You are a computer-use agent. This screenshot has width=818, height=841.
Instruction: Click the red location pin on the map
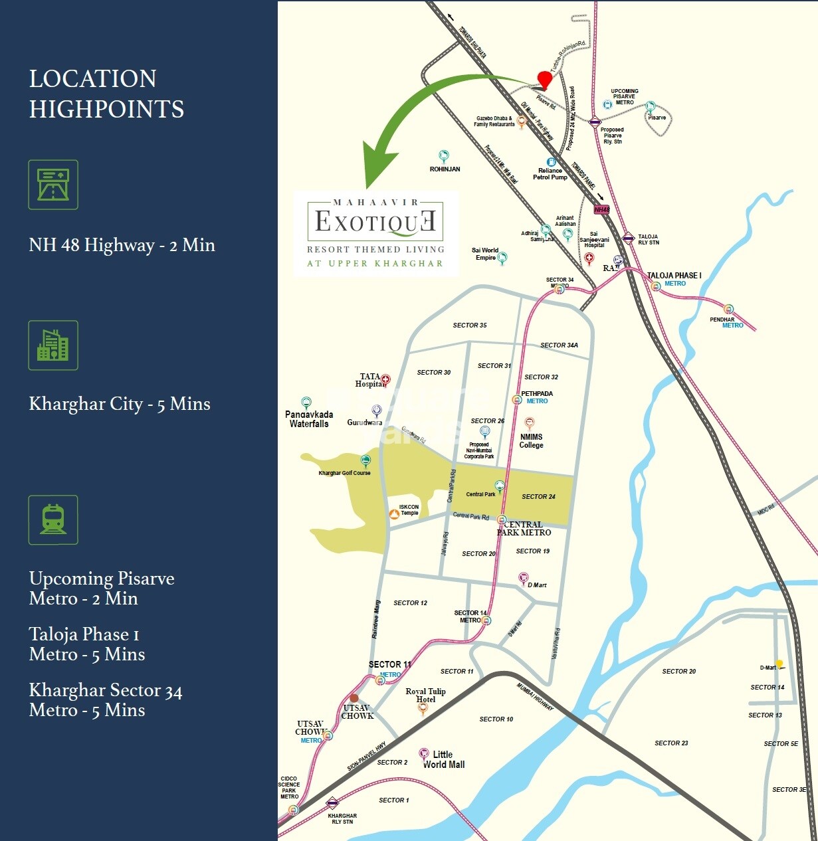pos(544,79)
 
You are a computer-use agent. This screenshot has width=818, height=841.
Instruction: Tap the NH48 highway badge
pos(601,209)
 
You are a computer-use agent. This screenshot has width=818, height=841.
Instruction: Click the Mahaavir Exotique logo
pos(376,233)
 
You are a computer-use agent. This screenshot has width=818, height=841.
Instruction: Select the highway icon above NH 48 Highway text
pos(53,185)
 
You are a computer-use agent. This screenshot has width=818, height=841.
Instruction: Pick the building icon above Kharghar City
pos(53,345)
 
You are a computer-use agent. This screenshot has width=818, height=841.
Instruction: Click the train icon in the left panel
pos(53,519)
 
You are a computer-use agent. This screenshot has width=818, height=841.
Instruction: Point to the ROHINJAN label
pos(445,169)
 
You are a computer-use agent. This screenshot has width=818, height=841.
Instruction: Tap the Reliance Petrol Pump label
pos(550,174)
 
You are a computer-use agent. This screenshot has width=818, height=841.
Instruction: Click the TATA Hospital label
pos(370,380)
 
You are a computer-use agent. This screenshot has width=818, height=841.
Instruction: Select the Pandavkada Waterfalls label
pos(309,419)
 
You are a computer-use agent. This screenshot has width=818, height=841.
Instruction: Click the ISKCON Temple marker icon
pos(394,513)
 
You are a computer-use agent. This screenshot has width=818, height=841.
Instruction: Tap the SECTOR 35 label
pos(470,326)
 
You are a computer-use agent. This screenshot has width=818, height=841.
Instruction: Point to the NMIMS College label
pos(531,441)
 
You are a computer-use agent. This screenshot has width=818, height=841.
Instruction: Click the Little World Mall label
pos(444,759)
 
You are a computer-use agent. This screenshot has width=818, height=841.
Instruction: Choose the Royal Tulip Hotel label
pos(426,696)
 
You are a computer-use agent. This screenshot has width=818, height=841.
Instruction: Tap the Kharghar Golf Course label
pos(344,473)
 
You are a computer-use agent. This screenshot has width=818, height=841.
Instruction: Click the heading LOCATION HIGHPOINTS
pos(106,94)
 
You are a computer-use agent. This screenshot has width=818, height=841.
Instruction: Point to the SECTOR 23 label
pos(671,743)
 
